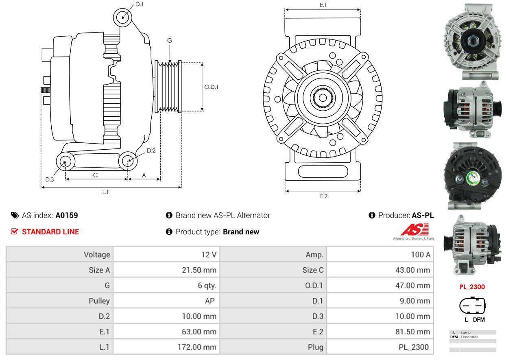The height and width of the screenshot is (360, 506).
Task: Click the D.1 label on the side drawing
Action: [x=139, y=4]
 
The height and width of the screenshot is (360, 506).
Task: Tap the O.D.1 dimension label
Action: [x=211, y=87]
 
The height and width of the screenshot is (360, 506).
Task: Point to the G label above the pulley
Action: [x=170, y=40]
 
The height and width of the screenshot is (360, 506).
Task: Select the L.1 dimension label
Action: [x=105, y=192]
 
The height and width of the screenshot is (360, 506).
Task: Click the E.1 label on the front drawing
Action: [x=323, y=5]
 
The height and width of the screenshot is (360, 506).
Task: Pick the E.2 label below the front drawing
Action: [x=323, y=196]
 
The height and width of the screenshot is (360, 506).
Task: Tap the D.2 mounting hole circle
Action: [x=129, y=161]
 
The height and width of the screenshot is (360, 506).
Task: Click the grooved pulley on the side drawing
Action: [x=168, y=87]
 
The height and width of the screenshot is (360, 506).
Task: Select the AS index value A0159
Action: [x=67, y=215]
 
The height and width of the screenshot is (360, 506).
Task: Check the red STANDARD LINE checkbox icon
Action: [x=14, y=231]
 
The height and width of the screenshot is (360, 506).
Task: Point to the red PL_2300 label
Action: [x=472, y=287]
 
